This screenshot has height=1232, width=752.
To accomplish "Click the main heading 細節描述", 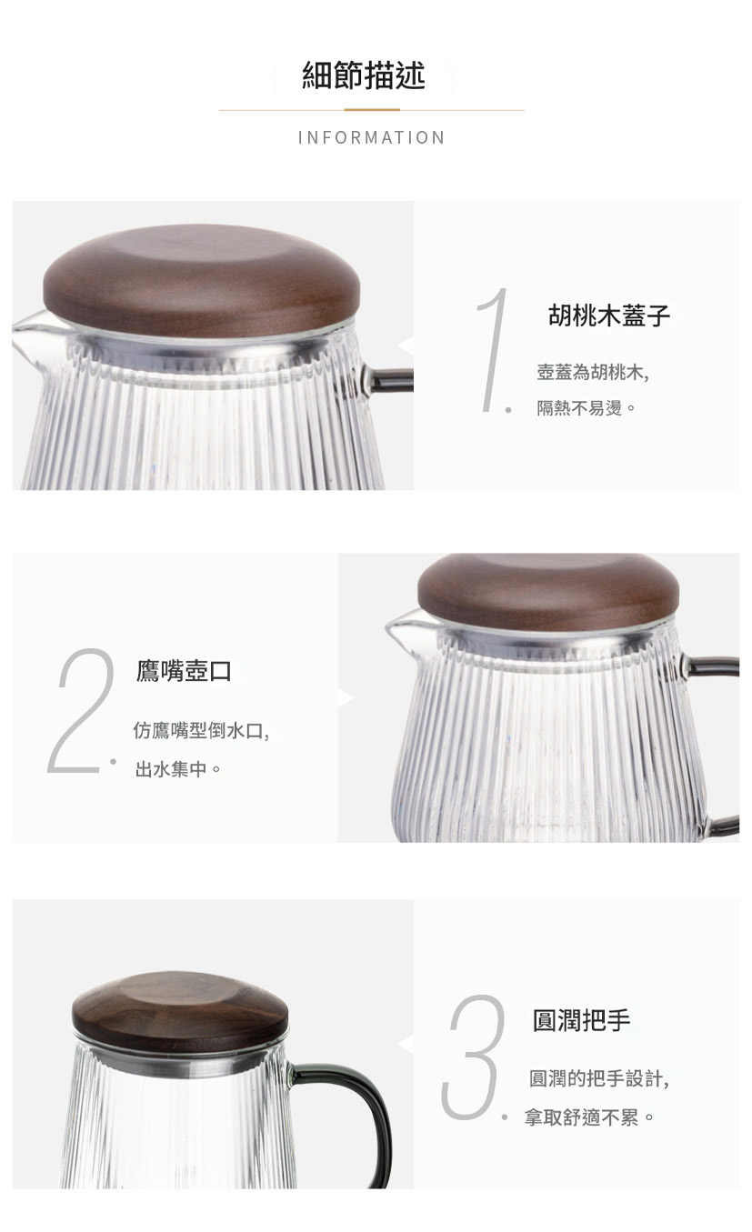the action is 364,75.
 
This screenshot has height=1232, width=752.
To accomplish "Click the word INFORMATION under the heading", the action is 371,137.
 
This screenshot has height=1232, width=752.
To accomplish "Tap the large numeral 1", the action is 492,350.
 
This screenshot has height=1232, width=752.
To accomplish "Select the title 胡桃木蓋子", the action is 609,316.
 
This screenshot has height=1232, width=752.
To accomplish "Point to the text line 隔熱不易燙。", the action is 587,408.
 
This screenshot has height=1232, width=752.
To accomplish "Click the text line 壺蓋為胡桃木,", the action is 593,373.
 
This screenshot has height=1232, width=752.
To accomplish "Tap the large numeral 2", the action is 81,711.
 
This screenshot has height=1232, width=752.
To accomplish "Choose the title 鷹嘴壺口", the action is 184,671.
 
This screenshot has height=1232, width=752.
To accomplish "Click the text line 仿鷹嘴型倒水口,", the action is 201,731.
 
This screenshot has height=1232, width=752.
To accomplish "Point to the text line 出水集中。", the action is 177,769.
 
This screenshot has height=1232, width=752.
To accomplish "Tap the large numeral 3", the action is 474,1057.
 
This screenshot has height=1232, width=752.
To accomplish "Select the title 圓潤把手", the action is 581,1021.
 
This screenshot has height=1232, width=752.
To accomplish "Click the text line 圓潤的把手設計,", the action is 599,1078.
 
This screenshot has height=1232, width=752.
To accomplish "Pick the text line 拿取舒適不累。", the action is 589,1117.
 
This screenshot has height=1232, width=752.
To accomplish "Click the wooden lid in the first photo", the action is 202,281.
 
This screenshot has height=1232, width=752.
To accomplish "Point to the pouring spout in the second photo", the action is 405,630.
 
